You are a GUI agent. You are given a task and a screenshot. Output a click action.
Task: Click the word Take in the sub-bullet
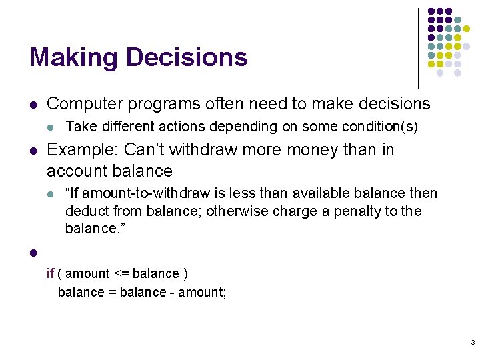(79, 127)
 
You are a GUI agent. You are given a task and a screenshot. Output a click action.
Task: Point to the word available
(317, 194)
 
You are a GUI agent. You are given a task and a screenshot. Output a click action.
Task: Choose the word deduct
(83, 211)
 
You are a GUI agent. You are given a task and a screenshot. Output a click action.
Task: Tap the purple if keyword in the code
(50, 273)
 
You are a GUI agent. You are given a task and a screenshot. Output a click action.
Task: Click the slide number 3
(472, 343)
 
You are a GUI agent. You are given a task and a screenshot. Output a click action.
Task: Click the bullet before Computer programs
(33, 105)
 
